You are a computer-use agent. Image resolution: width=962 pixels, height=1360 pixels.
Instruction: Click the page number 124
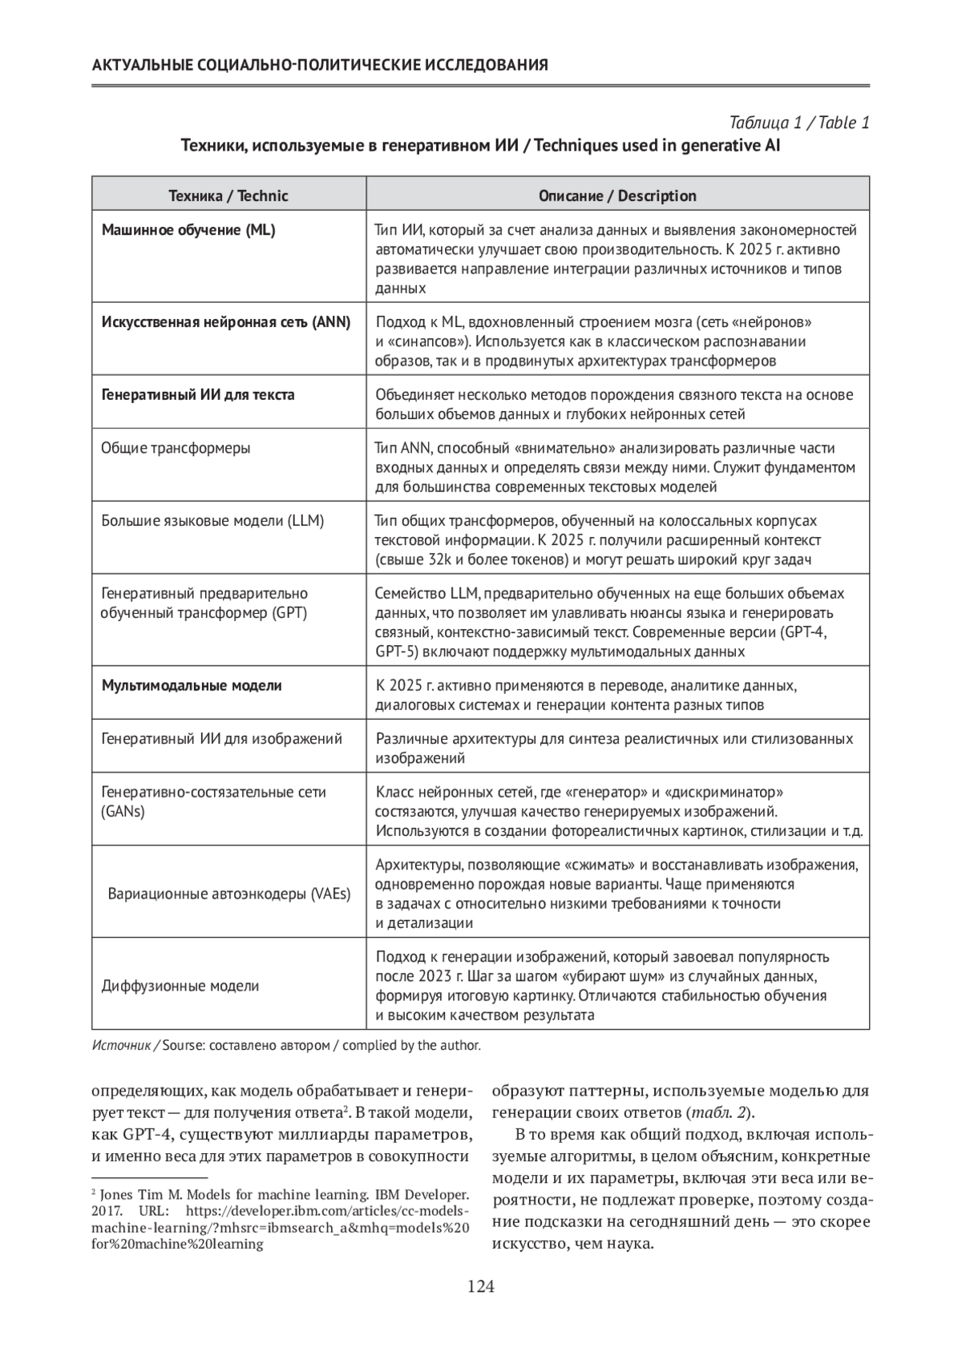click(x=481, y=1288)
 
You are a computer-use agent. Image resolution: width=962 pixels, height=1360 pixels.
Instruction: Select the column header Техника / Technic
click(x=228, y=196)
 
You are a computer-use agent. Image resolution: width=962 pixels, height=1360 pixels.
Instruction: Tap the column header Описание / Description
click(x=617, y=196)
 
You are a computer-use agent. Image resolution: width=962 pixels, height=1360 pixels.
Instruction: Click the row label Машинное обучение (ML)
click(x=188, y=231)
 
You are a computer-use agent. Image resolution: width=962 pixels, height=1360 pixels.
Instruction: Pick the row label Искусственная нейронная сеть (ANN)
click(x=226, y=323)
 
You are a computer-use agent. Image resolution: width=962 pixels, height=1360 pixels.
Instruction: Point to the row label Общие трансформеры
click(x=176, y=448)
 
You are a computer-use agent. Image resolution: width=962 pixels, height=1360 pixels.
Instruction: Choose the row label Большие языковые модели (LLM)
click(x=212, y=521)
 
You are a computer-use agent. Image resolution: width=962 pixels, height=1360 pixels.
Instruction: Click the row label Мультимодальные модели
click(x=192, y=686)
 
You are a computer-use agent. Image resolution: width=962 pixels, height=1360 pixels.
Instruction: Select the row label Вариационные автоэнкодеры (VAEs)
click(x=229, y=894)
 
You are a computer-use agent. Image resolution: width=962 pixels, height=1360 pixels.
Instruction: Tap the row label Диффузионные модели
click(x=180, y=987)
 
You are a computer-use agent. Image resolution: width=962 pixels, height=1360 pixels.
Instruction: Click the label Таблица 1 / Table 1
click(x=799, y=123)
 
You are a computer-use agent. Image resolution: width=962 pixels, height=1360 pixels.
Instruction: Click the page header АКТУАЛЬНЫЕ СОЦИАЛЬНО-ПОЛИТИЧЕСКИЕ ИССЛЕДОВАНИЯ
click(x=321, y=66)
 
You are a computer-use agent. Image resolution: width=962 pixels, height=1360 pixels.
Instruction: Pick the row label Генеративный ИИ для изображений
click(x=222, y=739)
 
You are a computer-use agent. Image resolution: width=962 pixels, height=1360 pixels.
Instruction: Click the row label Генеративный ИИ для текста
click(x=198, y=395)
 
